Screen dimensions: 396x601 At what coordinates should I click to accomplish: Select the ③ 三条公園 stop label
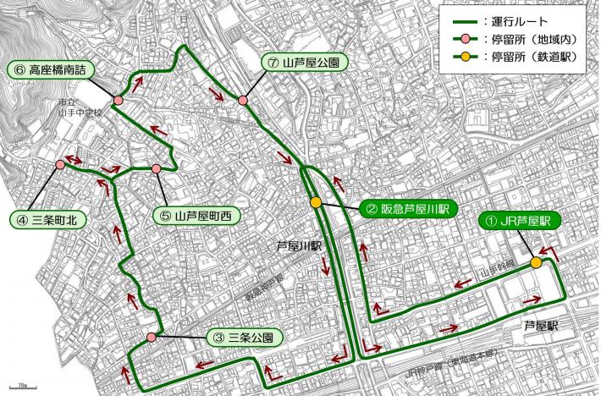(x=244, y=337)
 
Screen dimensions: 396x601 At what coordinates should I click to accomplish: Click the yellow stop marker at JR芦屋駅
(x=536, y=263)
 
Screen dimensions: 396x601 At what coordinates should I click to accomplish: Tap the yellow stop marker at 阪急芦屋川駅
(x=316, y=202)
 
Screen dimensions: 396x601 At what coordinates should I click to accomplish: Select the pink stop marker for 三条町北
(x=60, y=164)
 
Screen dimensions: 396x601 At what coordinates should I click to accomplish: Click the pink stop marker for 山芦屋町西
(x=157, y=169)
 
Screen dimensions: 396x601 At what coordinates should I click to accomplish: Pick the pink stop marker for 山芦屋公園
(x=243, y=101)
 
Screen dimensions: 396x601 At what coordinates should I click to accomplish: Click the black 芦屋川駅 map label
(x=300, y=246)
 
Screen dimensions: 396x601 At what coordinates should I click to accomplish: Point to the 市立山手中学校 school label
(x=80, y=107)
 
